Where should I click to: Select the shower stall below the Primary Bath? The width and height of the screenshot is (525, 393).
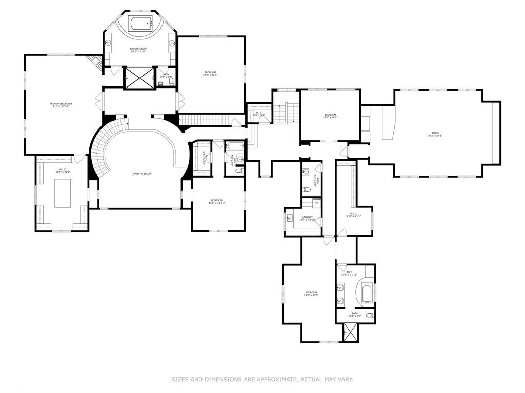[139, 78]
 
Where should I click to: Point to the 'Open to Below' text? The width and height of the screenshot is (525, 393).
[142, 174]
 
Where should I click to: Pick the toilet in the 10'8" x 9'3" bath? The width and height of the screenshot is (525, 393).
[370, 315]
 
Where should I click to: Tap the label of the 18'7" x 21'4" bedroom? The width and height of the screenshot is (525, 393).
[210, 74]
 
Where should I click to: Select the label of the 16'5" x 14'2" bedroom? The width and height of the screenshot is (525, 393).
[330, 116]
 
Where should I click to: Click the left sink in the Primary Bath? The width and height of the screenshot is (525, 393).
[109, 43]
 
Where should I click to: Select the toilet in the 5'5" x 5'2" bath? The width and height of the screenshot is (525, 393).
[171, 82]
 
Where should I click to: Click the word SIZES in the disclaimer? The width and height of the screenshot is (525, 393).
[180, 379]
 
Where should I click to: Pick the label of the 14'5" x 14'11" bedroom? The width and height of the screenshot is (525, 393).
[217, 201]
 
